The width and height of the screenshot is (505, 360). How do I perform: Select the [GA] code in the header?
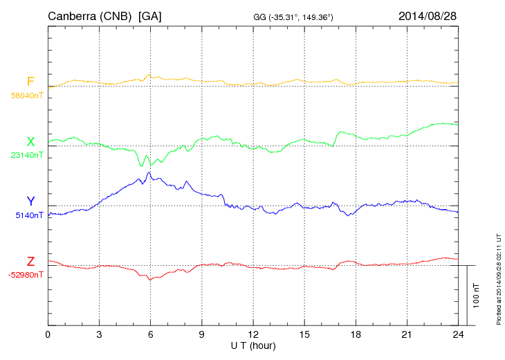coord(150,15)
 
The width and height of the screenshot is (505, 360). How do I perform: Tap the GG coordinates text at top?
coord(293,17)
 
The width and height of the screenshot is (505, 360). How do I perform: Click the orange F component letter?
coord(30,82)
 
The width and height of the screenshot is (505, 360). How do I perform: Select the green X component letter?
coord(30,142)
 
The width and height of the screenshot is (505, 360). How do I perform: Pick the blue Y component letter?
coord(30,201)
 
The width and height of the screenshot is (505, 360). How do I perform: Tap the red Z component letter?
coord(30,261)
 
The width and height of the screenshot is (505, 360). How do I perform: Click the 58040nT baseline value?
coord(27,96)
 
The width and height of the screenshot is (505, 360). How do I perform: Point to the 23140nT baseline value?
coord(27,155)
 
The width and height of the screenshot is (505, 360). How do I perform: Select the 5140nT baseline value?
coord(29,215)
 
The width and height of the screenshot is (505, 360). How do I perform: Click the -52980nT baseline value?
coord(26,275)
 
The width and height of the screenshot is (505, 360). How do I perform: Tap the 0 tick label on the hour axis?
coord(48,334)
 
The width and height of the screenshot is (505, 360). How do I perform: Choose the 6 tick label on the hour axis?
coord(150,334)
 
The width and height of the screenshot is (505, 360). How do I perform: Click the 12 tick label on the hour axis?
coord(253,334)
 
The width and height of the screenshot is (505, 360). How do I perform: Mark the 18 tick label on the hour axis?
coord(356,334)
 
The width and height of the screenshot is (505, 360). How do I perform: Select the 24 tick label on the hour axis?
coord(458,334)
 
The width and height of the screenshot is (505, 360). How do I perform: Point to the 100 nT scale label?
coord(477,296)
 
